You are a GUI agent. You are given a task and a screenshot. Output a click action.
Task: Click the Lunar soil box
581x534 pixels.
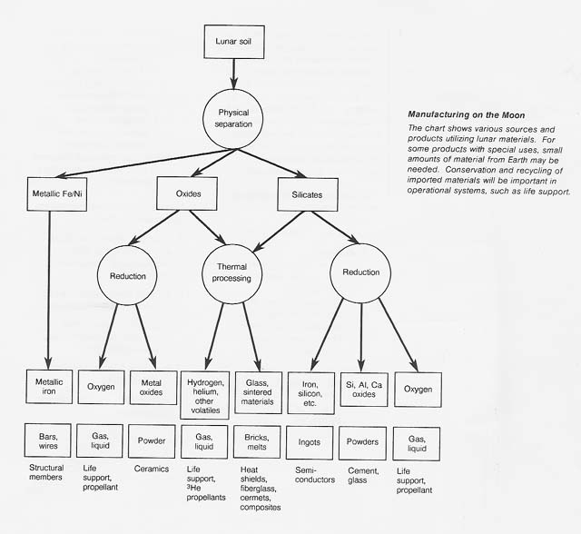233,42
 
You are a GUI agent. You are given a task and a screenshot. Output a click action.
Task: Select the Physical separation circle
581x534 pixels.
233,119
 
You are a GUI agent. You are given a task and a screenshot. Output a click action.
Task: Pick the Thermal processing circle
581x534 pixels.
233,273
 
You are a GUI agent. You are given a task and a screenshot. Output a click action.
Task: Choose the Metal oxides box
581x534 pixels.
152,388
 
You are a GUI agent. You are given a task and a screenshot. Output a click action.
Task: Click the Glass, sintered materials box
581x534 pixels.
258,390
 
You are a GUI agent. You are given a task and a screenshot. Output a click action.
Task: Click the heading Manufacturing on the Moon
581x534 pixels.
467,116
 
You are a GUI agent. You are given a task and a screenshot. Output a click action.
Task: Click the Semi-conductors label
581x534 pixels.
314,475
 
